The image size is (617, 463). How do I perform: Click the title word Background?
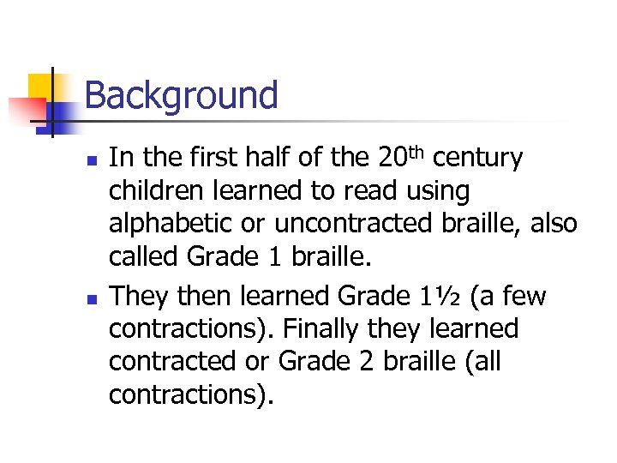[182, 95]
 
